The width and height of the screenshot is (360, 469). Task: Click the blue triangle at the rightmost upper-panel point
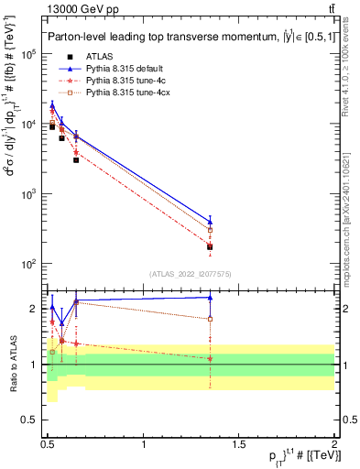tap(211, 222)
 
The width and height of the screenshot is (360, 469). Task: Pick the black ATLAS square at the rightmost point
tap(211, 246)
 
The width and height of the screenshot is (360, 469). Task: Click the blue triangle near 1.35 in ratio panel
tap(211, 297)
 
